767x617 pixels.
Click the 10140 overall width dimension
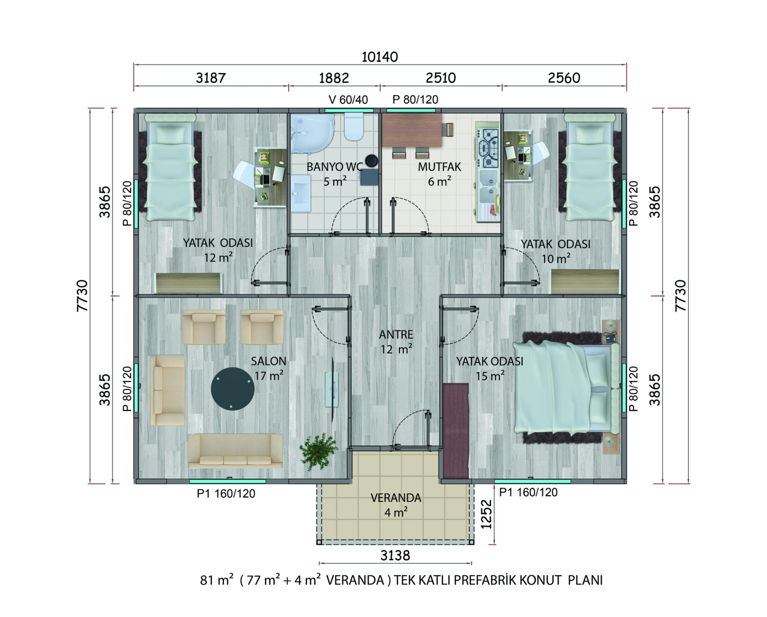coord(380,57)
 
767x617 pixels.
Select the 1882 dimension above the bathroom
coord(334,78)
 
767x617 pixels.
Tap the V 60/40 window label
coord(348,100)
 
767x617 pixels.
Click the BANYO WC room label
coord(335,167)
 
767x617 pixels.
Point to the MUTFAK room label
coord(439,167)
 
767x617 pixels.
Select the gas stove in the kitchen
coord(488,148)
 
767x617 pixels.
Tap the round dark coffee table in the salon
coord(232,389)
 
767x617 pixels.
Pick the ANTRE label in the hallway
coord(396,334)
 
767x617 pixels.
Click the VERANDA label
coord(396,498)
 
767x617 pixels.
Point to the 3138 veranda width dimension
coord(395,555)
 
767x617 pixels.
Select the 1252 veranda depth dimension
coord(486,514)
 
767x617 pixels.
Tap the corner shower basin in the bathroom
coord(312,134)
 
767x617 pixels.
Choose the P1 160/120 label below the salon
coord(226,494)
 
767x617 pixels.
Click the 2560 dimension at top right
coord(564,78)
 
